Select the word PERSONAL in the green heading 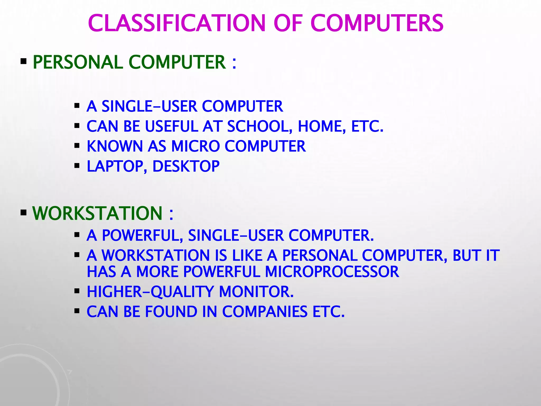(78, 62)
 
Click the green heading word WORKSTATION (97, 213)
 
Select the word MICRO (195, 146)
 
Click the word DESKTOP (186, 166)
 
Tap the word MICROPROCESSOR (332, 272)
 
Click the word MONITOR (256, 292)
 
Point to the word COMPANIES (265, 312)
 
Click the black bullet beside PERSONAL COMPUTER (24, 62)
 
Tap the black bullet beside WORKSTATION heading (24, 212)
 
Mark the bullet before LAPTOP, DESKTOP (77, 166)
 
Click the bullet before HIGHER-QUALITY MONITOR (77, 291)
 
